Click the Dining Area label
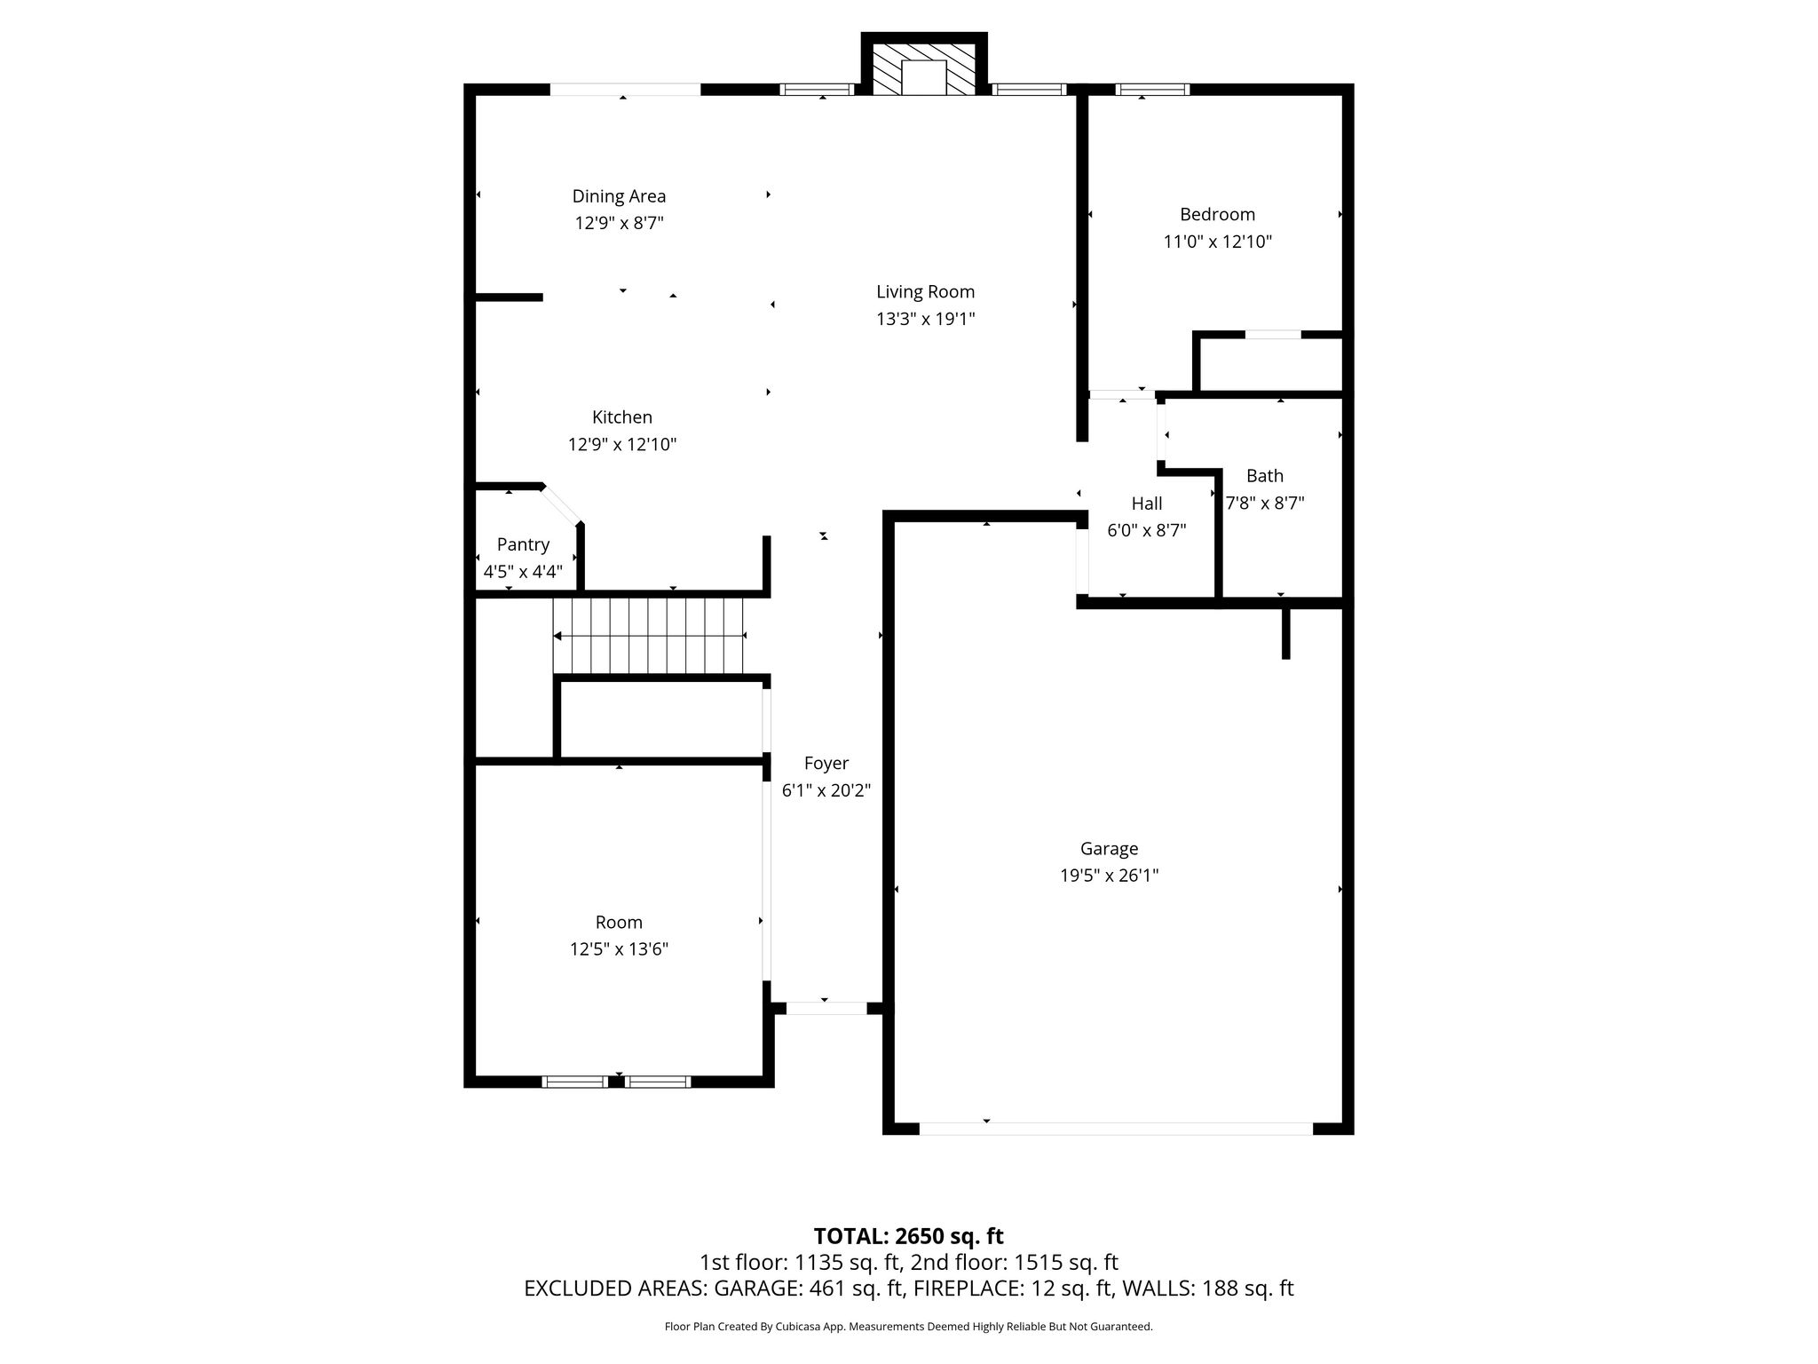coord(619,196)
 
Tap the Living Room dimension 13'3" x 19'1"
coord(926,319)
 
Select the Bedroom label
coord(1217,214)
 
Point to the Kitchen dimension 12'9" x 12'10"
coord(622,444)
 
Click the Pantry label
coord(523,544)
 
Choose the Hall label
coord(1147,504)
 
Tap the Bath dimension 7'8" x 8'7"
coord(1265,504)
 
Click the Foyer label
coord(826,764)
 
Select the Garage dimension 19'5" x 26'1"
coord(1110,876)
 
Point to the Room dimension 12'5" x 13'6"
coord(619,949)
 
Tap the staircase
coord(649,636)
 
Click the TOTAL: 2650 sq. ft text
coord(908,1236)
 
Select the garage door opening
coord(1116,1129)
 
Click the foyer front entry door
coord(826,1008)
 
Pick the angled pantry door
coord(562,505)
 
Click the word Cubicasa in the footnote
coord(798,1327)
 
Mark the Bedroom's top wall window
coord(1151,89)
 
